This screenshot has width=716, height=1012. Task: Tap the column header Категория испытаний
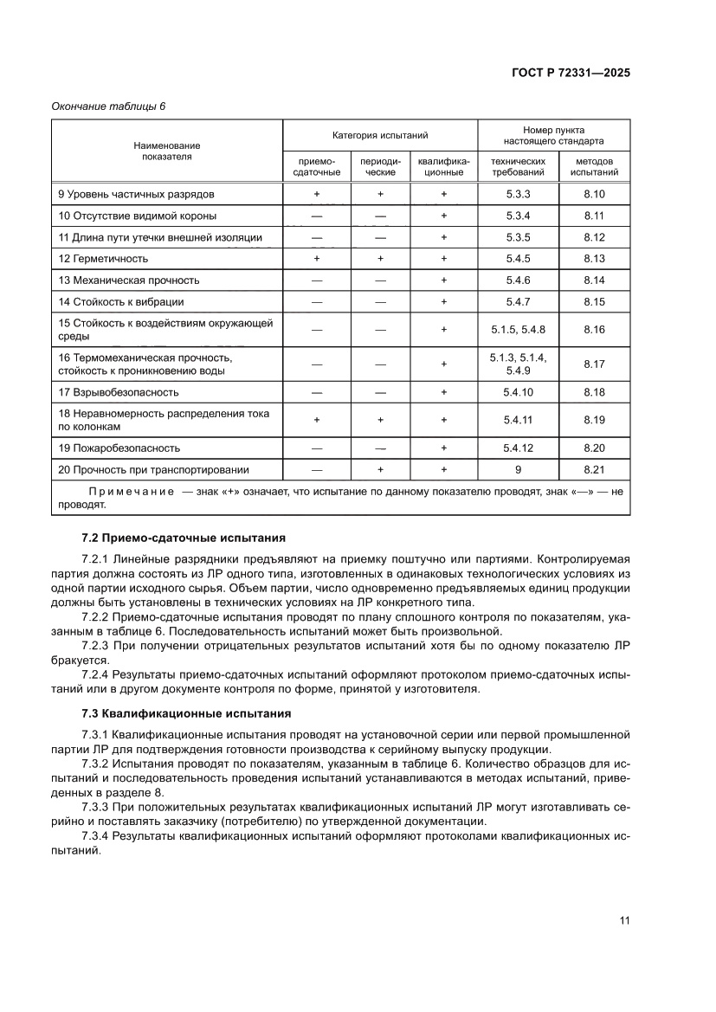pyautogui.click(x=380, y=135)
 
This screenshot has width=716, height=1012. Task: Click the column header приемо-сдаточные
pyautogui.click(x=316, y=166)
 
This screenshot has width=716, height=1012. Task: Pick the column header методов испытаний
pyautogui.click(x=593, y=166)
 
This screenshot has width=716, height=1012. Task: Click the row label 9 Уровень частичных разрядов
pyautogui.click(x=136, y=195)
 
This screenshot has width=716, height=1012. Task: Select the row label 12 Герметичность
pyautogui.click(x=103, y=258)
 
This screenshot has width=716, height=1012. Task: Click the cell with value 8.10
pyautogui.click(x=593, y=195)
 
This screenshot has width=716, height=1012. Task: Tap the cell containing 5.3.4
pyautogui.click(x=518, y=216)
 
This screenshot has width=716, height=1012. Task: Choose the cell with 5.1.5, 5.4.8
pyautogui.click(x=518, y=330)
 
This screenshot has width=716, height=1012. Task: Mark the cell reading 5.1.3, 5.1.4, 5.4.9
pyautogui.click(x=518, y=364)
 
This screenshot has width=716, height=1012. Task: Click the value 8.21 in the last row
pyautogui.click(x=593, y=470)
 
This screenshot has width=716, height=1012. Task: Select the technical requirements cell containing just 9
pyautogui.click(x=518, y=470)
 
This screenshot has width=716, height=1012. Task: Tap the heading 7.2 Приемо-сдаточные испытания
pyautogui.click(x=177, y=538)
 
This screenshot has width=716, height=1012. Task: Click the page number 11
pyautogui.click(x=623, y=920)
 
